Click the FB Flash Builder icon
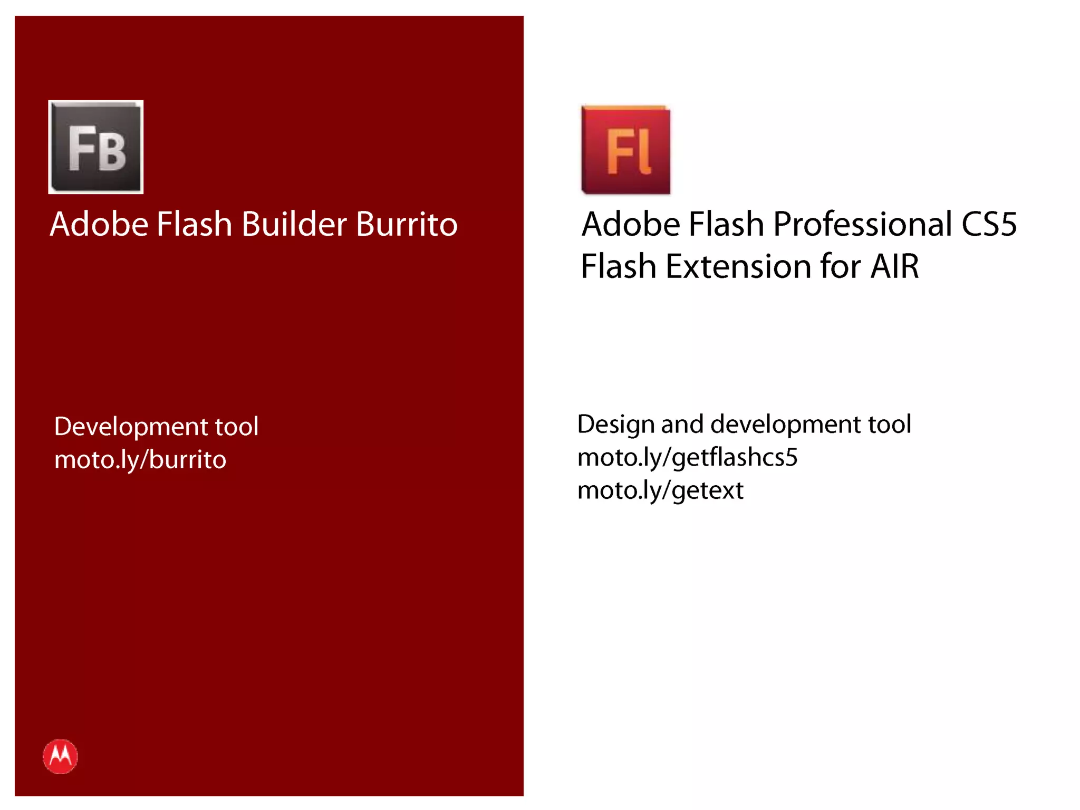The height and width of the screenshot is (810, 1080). click(x=96, y=147)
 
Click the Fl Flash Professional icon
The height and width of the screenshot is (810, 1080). click(x=626, y=150)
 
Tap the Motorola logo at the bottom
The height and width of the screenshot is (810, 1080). click(x=60, y=756)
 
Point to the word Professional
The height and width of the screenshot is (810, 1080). click(x=863, y=224)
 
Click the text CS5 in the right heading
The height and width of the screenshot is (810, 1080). click(x=989, y=224)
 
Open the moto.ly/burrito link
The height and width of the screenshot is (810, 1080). click(x=140, y=460)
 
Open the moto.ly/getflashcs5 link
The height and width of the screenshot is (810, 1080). click(x=687, y=457)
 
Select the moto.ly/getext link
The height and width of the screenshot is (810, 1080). click(x=660, y=490)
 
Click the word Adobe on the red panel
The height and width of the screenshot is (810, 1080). click(x=99, y=224)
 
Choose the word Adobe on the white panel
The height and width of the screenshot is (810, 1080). click(x=631, y=224)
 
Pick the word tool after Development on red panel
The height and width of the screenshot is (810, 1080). click(x=236, y=426)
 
